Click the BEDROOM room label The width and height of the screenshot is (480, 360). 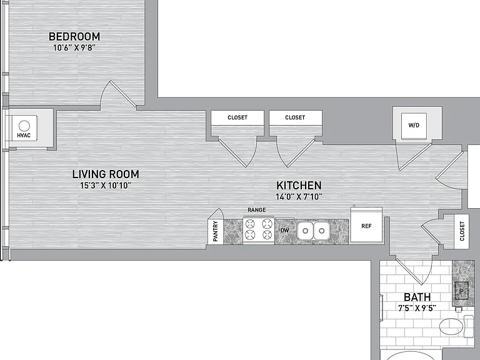(74, 36)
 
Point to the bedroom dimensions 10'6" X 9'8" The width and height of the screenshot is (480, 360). (74, 47)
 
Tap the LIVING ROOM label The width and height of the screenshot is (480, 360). (106, 174)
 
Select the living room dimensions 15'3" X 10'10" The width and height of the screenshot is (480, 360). (106, 186)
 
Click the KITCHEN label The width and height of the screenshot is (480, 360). (299, 186)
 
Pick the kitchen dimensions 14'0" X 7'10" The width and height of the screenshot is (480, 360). (299, 196)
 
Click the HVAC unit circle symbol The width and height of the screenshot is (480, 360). (24, 126)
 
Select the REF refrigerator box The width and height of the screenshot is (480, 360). (366, 226)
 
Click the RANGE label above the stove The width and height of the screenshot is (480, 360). (256, 210)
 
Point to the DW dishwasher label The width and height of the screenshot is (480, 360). (285, 230)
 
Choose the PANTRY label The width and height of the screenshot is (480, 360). (216, 231)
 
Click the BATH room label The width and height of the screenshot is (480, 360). (417, 297)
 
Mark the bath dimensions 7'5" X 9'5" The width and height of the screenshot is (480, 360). (417, 308)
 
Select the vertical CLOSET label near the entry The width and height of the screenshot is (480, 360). (462, 231)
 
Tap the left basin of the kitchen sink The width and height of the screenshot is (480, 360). (306, 231)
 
